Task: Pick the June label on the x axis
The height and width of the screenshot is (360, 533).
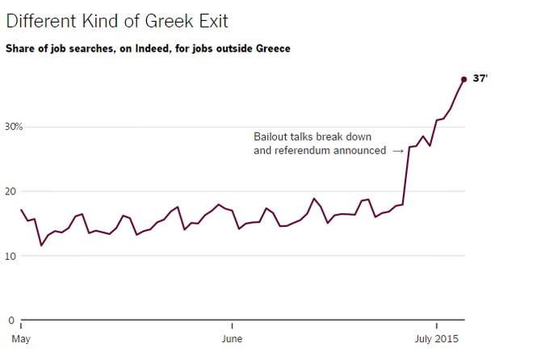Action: coord(232,337)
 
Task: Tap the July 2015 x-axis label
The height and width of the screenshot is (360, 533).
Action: coord(436,337)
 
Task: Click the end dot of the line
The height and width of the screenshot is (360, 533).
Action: coord(464,79)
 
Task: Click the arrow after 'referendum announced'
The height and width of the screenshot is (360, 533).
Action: coord(397,151)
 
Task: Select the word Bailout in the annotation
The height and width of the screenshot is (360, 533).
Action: coord(271,136)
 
